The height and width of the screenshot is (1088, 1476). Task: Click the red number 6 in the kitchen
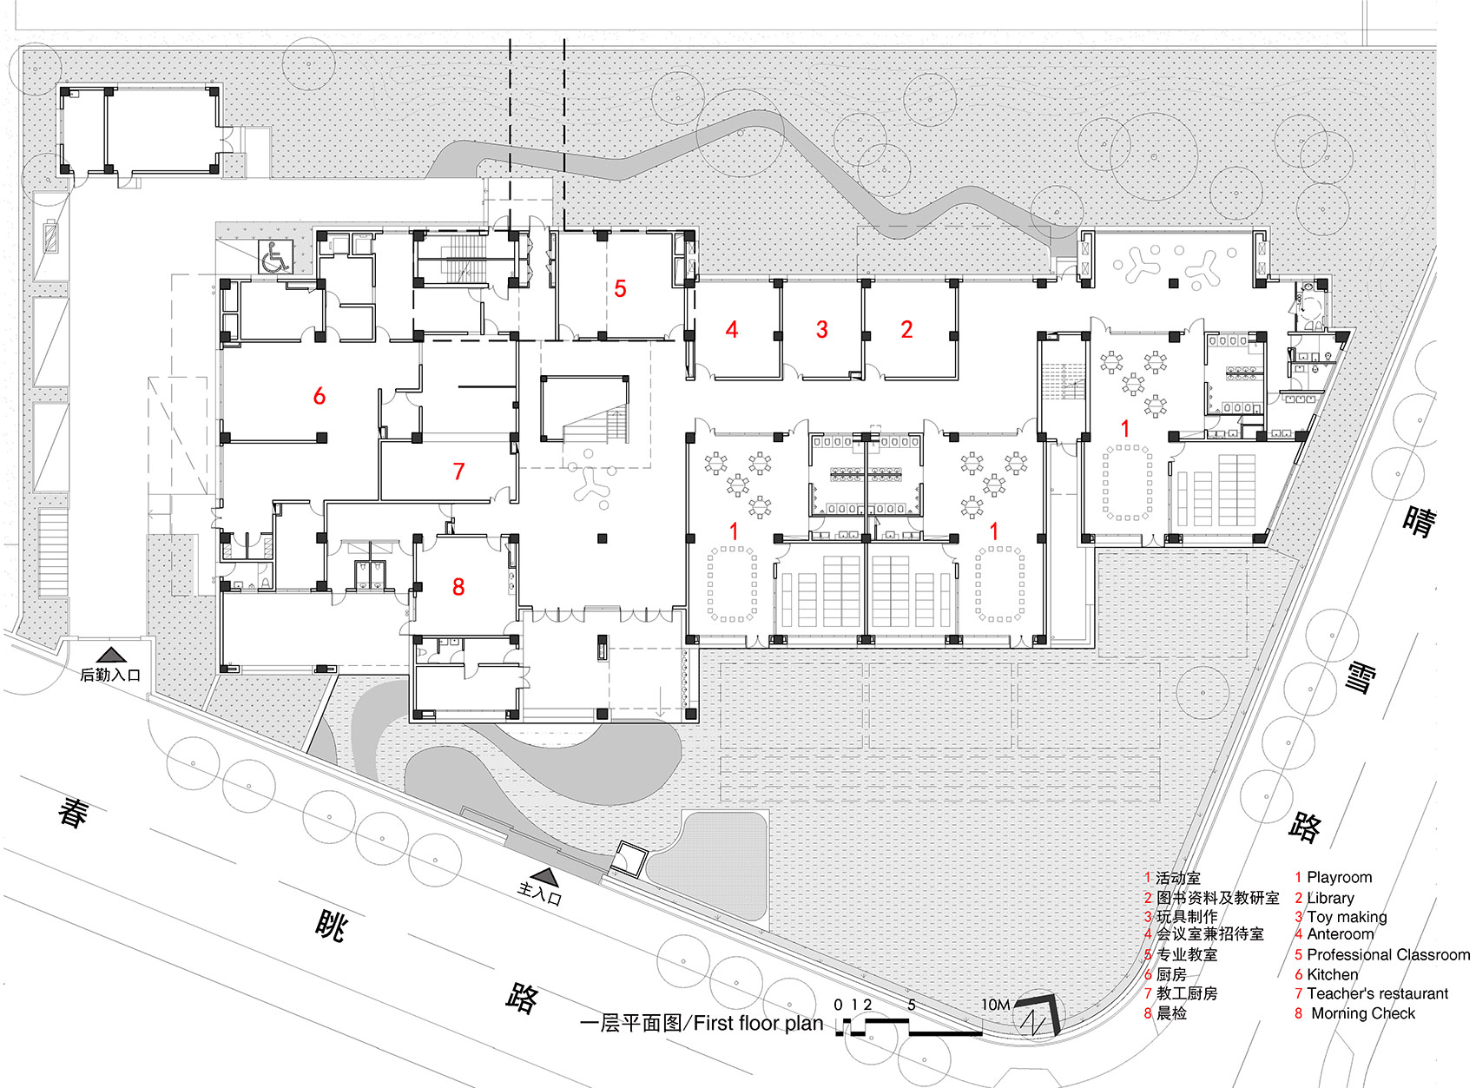[x=319, y=396]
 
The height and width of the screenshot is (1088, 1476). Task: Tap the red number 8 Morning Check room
[x=458, y=587]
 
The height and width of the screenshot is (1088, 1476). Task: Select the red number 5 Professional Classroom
[x=620, y=288]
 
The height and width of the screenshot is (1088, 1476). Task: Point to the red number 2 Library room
[x=906, y=329]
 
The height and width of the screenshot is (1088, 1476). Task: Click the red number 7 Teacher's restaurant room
[x=458, y=471]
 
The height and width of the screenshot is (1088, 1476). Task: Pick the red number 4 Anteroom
[x=732, y=329]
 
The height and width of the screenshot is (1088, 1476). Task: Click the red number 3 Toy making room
[x=821, y=329]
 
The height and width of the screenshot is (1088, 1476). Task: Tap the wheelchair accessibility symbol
[x=276, y=257]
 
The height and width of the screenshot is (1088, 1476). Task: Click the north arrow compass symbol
[x=1038, y=1014]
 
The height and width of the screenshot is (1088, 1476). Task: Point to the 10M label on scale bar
[x=995, y=1005]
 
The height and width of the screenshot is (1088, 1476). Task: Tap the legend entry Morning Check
[x=1362, y=1013]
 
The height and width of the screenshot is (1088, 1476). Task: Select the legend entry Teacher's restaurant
[x=1377, y=993]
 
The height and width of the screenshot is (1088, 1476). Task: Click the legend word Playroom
[x=1339, y=877]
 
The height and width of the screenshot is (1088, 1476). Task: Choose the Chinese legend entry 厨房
[x=1171, y=974]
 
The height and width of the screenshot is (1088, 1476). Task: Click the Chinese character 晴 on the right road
[x=1420, y=520]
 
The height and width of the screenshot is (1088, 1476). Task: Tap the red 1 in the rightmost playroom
[x=1125, y=428]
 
